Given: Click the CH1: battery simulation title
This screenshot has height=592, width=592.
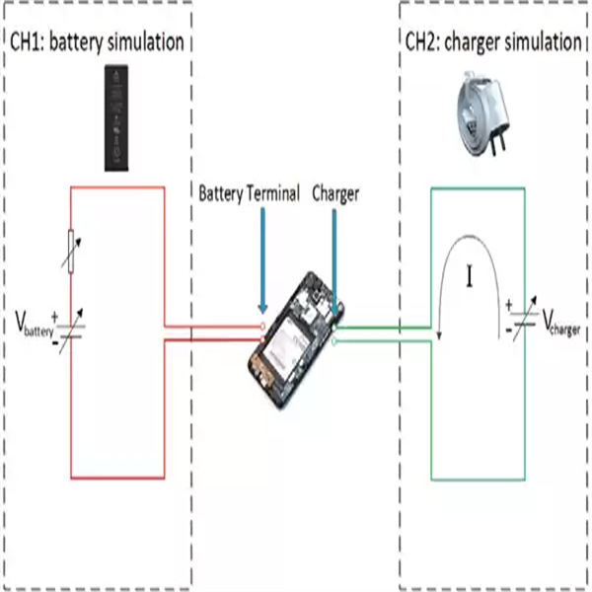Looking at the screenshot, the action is point(97,41).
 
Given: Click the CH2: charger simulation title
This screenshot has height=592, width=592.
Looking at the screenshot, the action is point(493,41).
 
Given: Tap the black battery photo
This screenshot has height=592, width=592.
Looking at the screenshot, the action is point(116,118).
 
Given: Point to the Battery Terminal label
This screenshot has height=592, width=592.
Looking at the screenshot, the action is point(250,193).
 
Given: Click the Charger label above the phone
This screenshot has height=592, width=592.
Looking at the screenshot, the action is point(335,194).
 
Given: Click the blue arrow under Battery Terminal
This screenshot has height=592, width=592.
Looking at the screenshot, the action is point(262,260).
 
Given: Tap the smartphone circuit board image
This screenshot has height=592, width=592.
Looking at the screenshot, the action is point(296,340).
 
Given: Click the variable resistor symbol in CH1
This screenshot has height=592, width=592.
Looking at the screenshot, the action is point(71,251).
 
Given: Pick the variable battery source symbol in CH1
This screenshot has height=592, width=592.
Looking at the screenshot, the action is point(71,332).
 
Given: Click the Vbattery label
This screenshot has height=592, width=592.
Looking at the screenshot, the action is point(35,325).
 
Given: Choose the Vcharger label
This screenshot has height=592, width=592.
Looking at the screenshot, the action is point(561,323).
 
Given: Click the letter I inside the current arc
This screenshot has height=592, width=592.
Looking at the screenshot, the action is point(470,276).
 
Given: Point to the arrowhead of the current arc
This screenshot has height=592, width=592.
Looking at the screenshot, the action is point(439,335).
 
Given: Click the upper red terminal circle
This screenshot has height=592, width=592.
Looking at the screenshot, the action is point(262,327).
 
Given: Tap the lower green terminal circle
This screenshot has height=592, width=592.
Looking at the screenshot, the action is point(334,341).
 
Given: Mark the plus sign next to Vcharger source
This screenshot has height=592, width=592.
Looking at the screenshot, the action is point(509,304).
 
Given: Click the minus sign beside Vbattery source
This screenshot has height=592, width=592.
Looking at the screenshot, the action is point(55,342).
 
